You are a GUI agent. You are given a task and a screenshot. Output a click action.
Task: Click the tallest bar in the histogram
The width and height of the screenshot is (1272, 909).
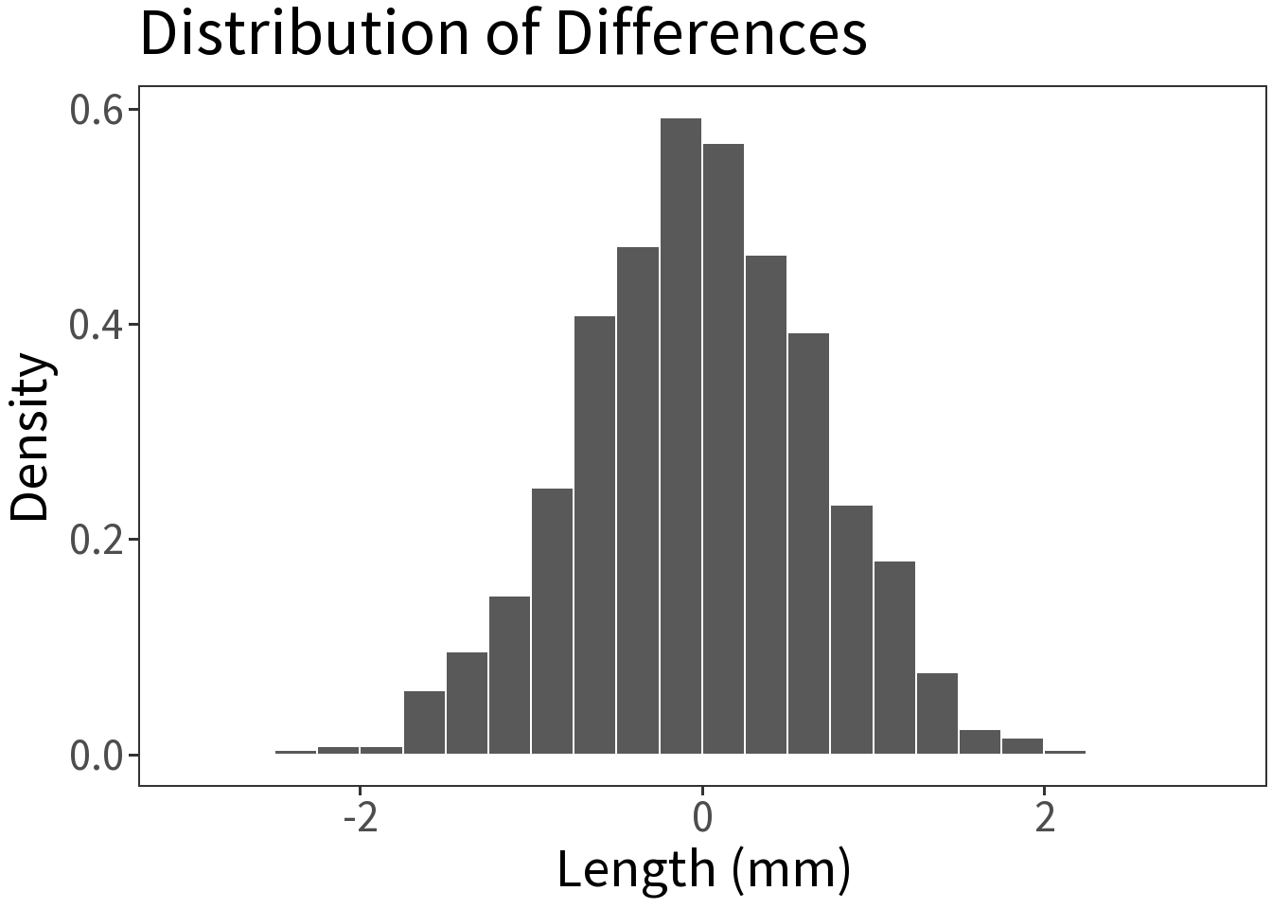pyautogui.click(x=680, y=436)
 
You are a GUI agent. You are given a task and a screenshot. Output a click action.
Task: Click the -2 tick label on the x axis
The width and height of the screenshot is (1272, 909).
pyautogui.click(x=360, y=817)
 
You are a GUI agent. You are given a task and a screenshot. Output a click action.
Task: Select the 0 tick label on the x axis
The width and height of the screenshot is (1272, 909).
pyautogui.click(x=701, y=817)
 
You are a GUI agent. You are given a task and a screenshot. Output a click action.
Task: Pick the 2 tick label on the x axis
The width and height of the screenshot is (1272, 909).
pyautogui.click(x=1044, y=817)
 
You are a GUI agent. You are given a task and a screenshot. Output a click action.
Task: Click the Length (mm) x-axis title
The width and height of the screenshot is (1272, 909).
pyautogui.click(x=703, y=869)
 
